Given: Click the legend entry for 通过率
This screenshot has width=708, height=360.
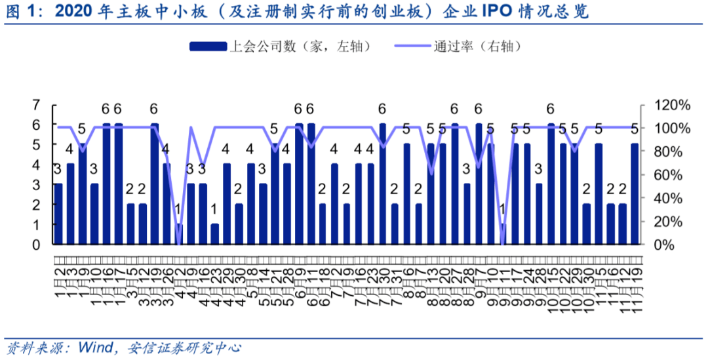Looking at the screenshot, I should click(459, 46).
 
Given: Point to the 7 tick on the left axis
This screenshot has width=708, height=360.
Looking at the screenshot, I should click(37, 104).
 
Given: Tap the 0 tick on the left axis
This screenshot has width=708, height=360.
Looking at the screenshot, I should click(37, 244).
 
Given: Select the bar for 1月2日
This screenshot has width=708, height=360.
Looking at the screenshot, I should click(58, 214).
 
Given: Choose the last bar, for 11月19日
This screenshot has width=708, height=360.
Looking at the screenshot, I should click(635, 194).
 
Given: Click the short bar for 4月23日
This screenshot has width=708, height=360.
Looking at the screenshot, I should click(214, 234).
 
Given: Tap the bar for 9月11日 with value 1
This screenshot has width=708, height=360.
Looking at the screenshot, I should click(503, 234).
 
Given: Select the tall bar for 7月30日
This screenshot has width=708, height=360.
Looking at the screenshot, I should click(383, 184).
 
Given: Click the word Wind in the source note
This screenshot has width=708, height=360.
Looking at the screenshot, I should click(96, 346).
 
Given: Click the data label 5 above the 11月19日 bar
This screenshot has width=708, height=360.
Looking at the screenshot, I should click(635, 129).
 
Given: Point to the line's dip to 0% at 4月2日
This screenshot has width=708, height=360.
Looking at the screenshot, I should click(178, 243).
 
